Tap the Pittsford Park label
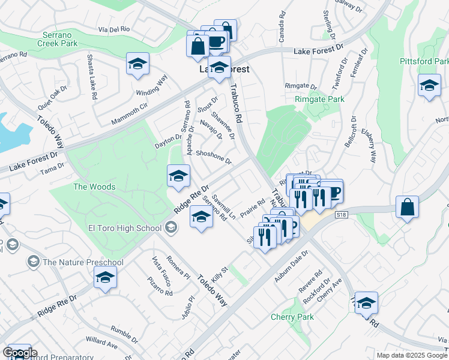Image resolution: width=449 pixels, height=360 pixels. (424, 62)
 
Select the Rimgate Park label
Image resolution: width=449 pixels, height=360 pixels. (319, 99)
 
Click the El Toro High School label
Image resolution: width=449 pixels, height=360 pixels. (125, 227)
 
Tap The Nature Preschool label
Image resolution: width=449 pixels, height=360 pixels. (83, 262)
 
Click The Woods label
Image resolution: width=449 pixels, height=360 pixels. (94, 187)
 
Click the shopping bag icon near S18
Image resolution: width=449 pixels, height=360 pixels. (407, 208)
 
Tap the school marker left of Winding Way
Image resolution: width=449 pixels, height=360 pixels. (137, 64)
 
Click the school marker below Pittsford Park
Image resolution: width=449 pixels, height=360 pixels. (429, 86)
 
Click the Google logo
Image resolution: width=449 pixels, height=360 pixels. (20, 353)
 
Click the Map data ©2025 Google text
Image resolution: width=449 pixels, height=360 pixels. (411, 355)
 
